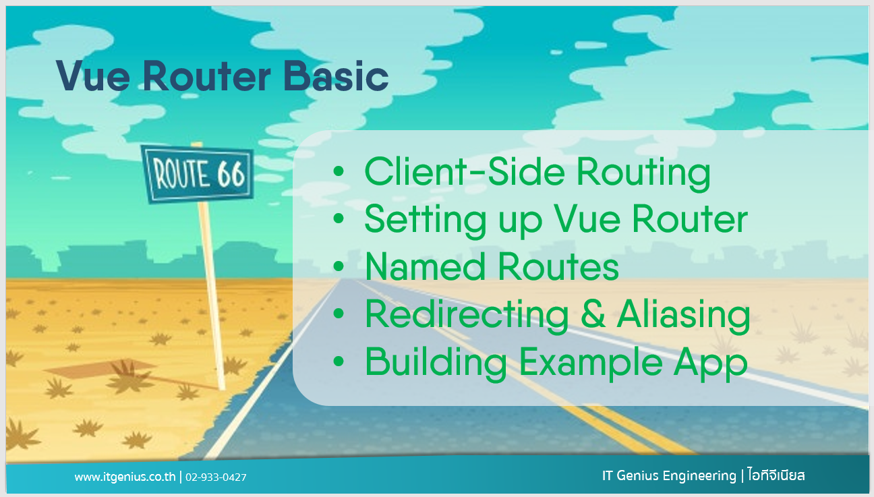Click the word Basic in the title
pos(336,76)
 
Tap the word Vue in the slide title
pos(93,76)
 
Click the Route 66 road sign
pos(198,174)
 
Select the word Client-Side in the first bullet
pos(465,172)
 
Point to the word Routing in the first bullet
pos(643,174)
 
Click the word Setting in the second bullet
pos(426,221)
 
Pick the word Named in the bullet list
pos(426,266)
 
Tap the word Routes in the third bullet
pos(558,266)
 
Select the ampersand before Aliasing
pos(593,314)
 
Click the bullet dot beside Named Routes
pos(339,266)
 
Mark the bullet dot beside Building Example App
pos(339,361)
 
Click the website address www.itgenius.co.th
pos(125,477)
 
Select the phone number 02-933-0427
pos(216,477)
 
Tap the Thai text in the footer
pos(776,475)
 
